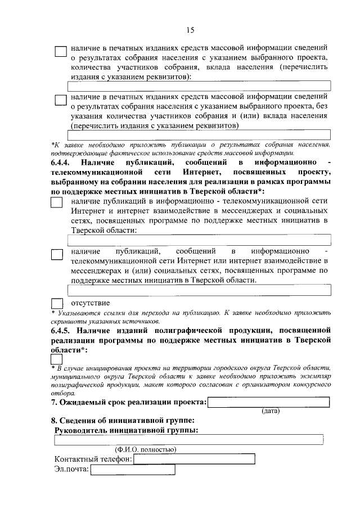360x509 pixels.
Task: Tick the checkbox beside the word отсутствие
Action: point(57,304)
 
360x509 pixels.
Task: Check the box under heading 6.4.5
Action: point(57,358)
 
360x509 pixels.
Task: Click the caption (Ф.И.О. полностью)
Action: point(146,449)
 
